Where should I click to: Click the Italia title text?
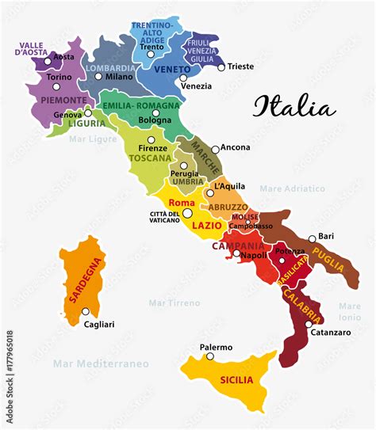[294, 107]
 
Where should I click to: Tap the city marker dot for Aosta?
[48, 60]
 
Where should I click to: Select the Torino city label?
[59, 78]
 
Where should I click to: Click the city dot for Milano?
[99, 77]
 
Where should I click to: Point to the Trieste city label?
[240, 67]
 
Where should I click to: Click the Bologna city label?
[155, 120]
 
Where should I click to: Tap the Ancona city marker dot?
[215, 149]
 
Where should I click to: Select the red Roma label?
[182, 204]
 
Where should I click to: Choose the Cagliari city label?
[99, 324]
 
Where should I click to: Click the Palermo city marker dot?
[210, 356]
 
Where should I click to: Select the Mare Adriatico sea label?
[293, 188]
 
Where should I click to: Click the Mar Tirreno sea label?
[173, 302]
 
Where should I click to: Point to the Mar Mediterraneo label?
[101, 363]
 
